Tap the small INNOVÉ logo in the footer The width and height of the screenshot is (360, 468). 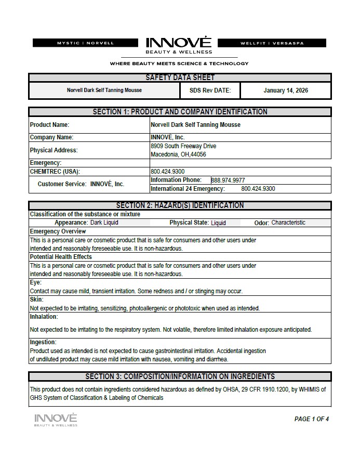pos(56,419)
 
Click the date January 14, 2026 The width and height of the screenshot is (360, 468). pos(285,90)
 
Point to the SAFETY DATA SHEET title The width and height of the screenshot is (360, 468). pos(180,77)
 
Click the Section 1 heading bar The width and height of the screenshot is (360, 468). pos(180,112)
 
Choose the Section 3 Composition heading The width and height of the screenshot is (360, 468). pos(180,376)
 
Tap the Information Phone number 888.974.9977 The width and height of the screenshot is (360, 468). pos(228,180)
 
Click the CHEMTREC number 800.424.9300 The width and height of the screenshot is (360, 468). pos(167,172)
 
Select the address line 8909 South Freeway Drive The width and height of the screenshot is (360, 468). pos(183,146)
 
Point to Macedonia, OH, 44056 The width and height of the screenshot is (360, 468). pos(178,154)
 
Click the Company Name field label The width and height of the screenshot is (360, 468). pos(52,137)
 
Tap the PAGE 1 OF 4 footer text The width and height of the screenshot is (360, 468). pos(312,419)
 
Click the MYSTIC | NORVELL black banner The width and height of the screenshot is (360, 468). pos(85,43)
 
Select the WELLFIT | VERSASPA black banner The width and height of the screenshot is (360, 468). pos(272,43)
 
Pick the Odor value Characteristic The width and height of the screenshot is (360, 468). pos(288,223)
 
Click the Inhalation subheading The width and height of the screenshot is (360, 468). pos(44,317)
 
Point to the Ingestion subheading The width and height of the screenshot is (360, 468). pos(43,342)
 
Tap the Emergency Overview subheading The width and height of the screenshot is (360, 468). pos(58,231)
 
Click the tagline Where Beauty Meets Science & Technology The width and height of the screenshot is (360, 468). pos(179,63)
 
